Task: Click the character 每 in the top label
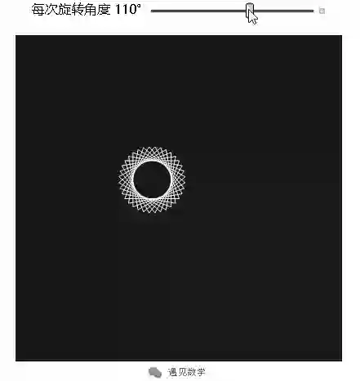click(38, 10)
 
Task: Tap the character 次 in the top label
click(51, 10)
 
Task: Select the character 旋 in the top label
click(64, 10)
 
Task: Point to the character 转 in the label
click(77, 10)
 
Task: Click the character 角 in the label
click(91, 10)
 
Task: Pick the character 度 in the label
click(104, 10)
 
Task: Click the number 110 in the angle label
click(126, 10)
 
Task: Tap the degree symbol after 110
click(139, 6)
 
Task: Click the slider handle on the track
click(250, 11)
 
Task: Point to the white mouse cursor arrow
click(252, 18)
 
